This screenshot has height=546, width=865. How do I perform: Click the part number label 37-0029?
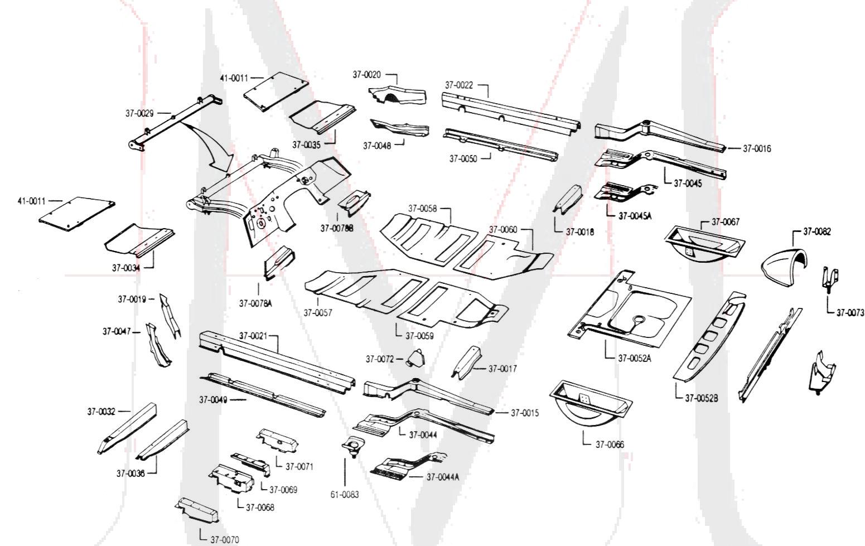[x=139, y=113]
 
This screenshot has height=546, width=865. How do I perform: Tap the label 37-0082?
[x=816, y=231]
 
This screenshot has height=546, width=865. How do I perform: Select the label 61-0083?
[x=344, y=495]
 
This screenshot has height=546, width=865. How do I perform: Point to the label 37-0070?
[x=224, y=539]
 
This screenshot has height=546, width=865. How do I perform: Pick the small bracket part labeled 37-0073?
[x=830, y=278]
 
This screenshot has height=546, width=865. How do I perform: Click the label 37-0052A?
[x=634, y=358]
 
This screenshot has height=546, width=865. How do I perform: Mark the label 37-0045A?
[x=635, y=216]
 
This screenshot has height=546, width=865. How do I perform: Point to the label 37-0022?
[x=458, y=85]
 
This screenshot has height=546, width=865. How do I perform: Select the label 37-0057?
[x=317, y=313]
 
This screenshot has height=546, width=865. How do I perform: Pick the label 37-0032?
[x=101, y=412]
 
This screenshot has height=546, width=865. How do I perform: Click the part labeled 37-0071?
[x=277, y=439]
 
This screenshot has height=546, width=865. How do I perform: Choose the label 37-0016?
[x=757, y=149]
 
